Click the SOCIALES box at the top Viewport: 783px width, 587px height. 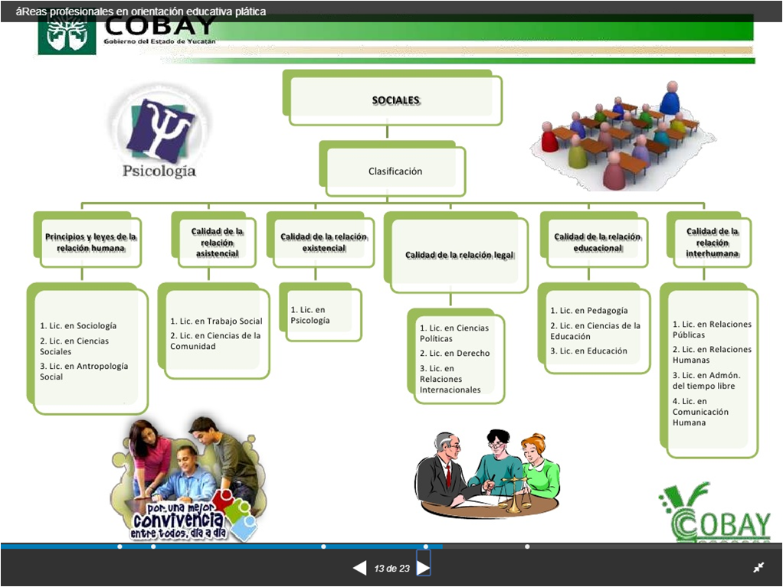pos(395,99)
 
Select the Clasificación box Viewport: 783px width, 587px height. pos(395,171)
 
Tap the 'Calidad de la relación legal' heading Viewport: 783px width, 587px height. pos(459,255)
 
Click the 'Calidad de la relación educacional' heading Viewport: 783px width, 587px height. pos(598,242)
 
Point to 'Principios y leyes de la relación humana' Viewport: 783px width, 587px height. pos(90,242)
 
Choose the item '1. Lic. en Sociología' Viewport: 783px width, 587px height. pos(78,326)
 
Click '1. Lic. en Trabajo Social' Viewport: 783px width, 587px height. pos(216,321)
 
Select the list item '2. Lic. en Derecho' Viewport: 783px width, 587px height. pos(454,354)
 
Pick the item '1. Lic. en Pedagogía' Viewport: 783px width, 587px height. pos(588,311)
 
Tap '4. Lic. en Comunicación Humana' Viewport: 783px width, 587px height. pos(700,412)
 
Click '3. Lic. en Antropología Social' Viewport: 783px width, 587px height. pos(84,371)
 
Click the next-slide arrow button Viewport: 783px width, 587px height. pos(423,568)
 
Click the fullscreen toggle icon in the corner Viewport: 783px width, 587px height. pos(758,567)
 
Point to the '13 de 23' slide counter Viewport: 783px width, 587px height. pos(391,569)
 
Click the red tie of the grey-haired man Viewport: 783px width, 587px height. pos(448,475)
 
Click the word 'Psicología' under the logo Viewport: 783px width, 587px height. pos(159,171)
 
